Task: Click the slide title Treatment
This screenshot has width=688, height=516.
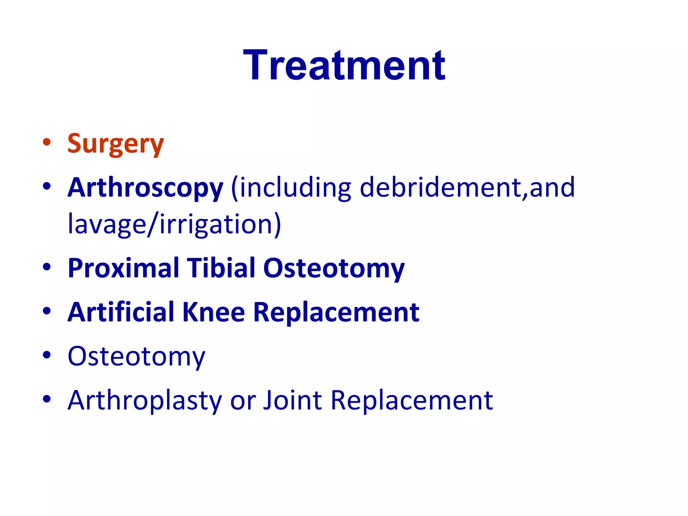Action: [x=344, y=66]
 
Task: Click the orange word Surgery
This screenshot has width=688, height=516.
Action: [x=115, y=144]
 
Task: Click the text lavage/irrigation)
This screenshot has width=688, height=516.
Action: [x=174, y=224]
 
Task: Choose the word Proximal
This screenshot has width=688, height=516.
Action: [x=123, y=268]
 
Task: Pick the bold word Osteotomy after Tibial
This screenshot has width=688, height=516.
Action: [x=334, y=268]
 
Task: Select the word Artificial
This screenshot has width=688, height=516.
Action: [x=121, y=312]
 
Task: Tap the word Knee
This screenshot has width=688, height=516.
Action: [x=213, y=312]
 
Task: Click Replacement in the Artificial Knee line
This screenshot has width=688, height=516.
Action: [x=336, y=312]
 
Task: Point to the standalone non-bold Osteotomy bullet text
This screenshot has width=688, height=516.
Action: [x=136, y=356]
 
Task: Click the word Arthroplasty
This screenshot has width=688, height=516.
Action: [x=145, y=400]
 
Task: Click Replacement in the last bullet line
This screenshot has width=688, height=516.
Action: [x=412, y=400]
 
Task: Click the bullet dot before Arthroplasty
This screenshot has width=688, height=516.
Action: [x=47, y=399]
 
